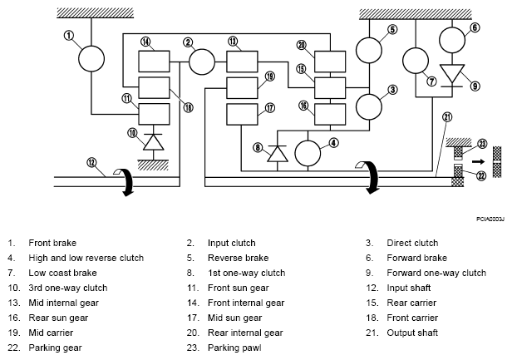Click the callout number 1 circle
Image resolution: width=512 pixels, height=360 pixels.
69,35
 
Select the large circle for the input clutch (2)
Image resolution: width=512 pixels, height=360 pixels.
202,62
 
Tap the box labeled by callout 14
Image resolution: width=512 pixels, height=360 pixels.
154,62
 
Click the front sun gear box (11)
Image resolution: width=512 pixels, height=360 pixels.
154,114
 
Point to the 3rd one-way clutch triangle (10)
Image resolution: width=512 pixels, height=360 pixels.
154,142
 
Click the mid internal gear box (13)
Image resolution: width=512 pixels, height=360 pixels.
243,62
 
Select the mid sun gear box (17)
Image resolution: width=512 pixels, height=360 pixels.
243,115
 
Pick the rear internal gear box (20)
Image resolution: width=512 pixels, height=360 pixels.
330,62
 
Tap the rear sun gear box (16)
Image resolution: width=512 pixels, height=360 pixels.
330,115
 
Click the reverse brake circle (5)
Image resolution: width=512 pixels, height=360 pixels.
369,51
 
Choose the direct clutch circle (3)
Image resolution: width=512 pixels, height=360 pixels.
369,106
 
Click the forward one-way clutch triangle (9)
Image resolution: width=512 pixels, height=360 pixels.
452,73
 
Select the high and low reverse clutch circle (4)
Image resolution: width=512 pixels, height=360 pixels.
308,153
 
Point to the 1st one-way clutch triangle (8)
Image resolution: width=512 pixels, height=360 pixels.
278,154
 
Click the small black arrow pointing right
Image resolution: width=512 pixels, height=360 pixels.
479,161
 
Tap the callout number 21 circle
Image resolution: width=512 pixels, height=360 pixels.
447,117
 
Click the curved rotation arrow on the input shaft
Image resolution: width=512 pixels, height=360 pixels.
125,181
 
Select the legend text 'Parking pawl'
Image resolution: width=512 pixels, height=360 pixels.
234,348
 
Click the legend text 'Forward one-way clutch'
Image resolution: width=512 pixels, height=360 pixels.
436,273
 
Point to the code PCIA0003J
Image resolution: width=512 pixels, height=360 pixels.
490,219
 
